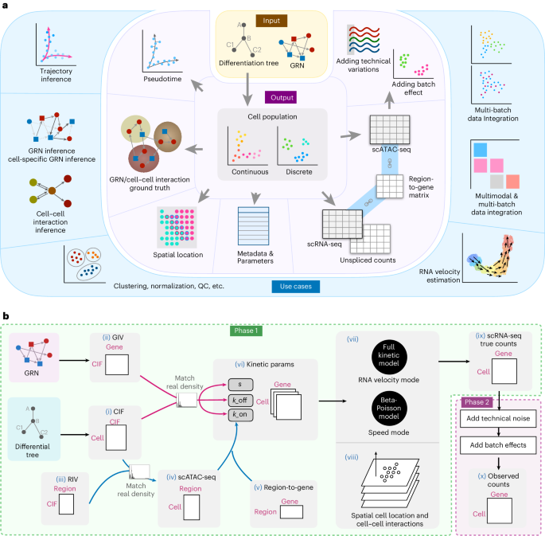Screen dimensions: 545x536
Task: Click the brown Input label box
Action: pos(271,21)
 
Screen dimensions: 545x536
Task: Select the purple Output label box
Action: pos(281,98)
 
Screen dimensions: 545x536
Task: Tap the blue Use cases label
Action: pos(296,287)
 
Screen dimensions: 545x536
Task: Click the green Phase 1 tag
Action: pos(246,331)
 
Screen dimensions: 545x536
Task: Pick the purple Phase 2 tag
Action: pos(477,402)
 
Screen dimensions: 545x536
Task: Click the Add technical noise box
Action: pos(498,419)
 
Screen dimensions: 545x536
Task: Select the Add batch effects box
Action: pos(498,445)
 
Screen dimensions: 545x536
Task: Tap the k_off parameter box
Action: pos(240,401)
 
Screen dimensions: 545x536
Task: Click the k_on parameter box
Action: pos(240,415)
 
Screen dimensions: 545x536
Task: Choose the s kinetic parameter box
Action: pos(240,385)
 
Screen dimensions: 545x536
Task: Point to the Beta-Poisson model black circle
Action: pos(388,409)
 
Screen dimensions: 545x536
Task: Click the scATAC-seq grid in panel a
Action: pos(390,130)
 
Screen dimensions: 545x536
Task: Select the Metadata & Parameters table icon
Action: pos(253,226)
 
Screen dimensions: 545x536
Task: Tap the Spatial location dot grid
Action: pos(177,227)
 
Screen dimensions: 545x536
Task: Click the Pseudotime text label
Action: pos(162,79)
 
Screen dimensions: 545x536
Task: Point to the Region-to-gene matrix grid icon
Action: pos(390,186)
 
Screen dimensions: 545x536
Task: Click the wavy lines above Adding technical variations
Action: pos(364,40)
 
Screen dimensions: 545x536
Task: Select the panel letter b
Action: pos(6,316)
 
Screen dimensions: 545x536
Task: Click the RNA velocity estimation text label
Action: pos(440,276)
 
